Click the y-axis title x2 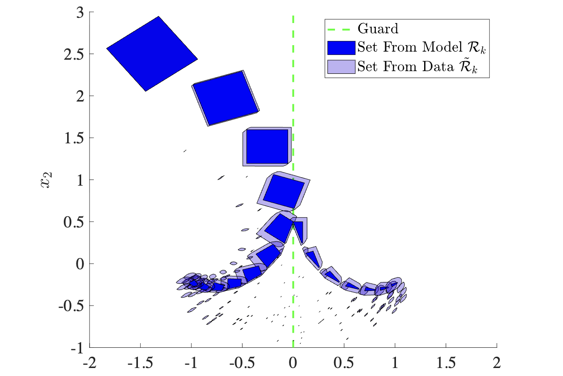45,180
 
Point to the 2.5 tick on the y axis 74,54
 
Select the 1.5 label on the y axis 74,138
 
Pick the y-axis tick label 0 79,264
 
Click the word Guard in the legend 378,29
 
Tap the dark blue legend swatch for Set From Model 341,47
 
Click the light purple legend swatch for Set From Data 341,66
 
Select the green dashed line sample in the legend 341,29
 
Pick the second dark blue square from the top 226,98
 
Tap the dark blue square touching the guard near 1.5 267,146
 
